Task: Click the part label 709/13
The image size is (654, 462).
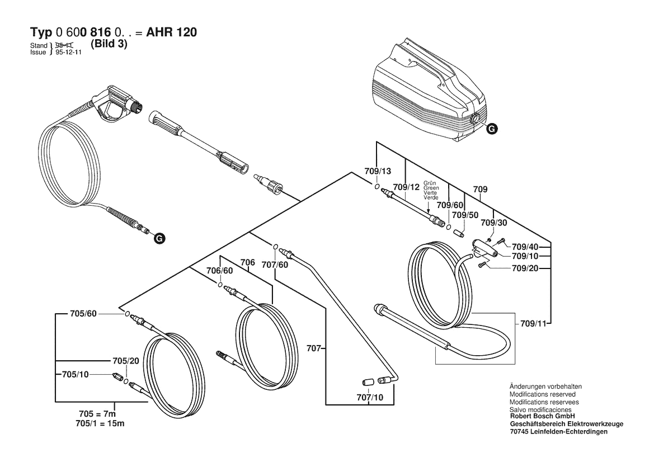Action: (x=378, y=171)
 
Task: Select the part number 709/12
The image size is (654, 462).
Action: (x=406, y=187)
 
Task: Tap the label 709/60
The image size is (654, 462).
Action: (x=450, y=205)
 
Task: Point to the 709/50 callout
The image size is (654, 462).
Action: (x=465, y=215)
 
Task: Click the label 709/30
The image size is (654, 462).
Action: (x=494, y=223)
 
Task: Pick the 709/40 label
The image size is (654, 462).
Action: (x=525, y=247)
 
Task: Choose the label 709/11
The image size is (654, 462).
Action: (x=533, y=323)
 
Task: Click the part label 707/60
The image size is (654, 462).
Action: (x=275, y=265)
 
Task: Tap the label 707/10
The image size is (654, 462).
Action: (x=370, y=397)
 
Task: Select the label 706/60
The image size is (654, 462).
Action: (x=220, y=271)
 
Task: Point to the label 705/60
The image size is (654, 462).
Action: (x=83, y=314)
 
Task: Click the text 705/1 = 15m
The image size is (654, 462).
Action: (x=100, y=423)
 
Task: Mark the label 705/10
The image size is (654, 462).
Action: (x=76, y=374)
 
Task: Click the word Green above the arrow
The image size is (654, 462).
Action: (x=431, y=188)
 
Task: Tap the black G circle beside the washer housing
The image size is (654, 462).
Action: (x=492, y=129)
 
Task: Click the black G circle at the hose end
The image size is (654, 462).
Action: (x=159, y=238)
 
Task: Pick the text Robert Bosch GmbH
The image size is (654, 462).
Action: (x=542, y=416)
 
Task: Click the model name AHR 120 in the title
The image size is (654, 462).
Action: (x=171, y=32)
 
